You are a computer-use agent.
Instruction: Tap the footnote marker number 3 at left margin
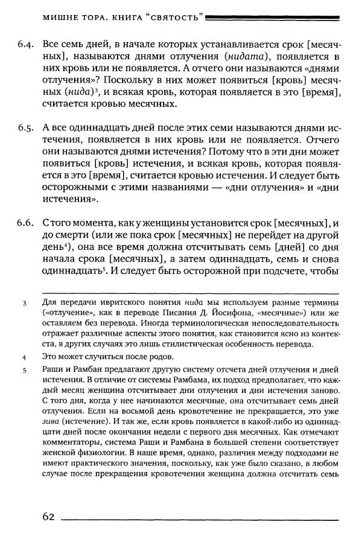(24, 304)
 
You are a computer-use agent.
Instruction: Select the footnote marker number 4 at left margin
(24, 357)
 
